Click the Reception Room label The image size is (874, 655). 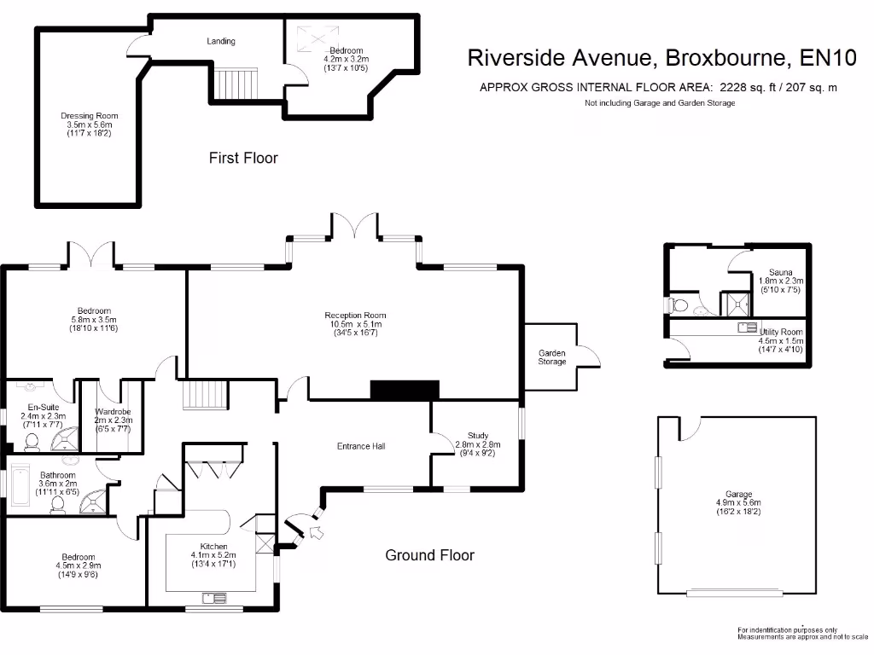point(354,315)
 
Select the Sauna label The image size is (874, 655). point(780,271)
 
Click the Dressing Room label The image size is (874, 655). point(90,116)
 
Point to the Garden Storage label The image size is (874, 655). point(551,356)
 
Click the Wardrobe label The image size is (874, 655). point(112,412)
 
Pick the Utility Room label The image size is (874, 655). point(780,332)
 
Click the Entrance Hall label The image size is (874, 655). point(362,446)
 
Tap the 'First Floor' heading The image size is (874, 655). point(243,158)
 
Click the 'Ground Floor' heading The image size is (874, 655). point(429,555)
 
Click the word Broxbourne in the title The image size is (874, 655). point(725,58)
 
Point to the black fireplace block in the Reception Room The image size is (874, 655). point(405,390)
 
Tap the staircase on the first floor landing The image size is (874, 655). point(235,84)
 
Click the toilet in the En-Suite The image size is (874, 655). point(32,442)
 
